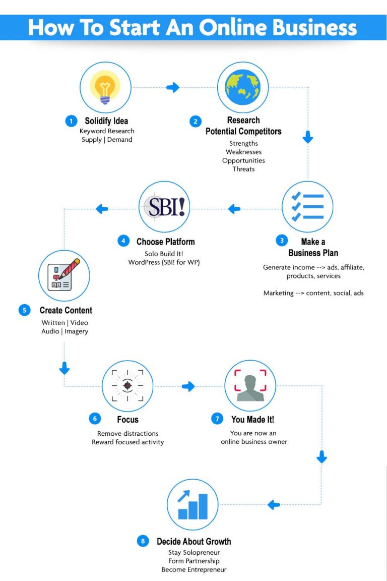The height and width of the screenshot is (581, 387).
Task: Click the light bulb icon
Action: tap(105, 87)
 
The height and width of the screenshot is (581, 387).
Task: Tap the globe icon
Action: tap(243, 87)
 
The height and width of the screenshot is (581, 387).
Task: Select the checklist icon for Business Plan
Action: tap(307, 206)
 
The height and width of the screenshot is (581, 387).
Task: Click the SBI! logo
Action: tap(165, 207)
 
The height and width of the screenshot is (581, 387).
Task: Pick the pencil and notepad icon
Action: tap(64, 275)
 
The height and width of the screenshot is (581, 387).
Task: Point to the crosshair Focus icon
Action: tap(127, 385)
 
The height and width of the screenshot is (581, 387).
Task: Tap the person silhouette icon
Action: tap(250, 385)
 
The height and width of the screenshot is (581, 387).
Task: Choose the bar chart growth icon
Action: tap(192, 504)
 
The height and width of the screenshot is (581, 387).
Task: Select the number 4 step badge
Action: tap(124, 241)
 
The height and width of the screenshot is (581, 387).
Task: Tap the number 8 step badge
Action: tap(143, 541)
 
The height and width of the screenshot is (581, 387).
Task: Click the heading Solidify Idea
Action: tap(106, 121)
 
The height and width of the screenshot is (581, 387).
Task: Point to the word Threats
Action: tap(243, 169)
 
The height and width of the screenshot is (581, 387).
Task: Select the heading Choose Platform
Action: tap(165, 242)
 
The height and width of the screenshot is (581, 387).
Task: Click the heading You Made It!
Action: tap(252, 419)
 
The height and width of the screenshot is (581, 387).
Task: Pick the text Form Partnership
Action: tap(193, 561)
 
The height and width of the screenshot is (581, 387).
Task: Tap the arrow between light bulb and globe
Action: tap(173, 88)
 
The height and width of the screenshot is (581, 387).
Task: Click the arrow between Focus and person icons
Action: tap(188, 386)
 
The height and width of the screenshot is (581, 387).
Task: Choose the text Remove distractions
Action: tap(127, 433)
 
